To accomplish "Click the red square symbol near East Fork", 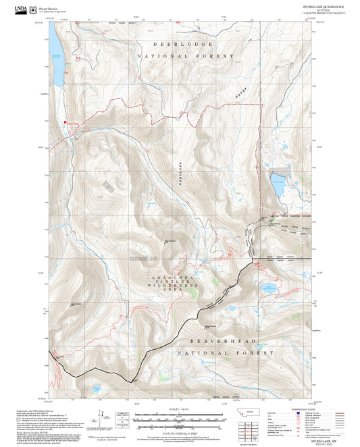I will [x=66, y=122].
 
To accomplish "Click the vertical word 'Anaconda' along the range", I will [x=180, y=172].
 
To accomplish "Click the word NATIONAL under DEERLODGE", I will [x=186, y=56].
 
